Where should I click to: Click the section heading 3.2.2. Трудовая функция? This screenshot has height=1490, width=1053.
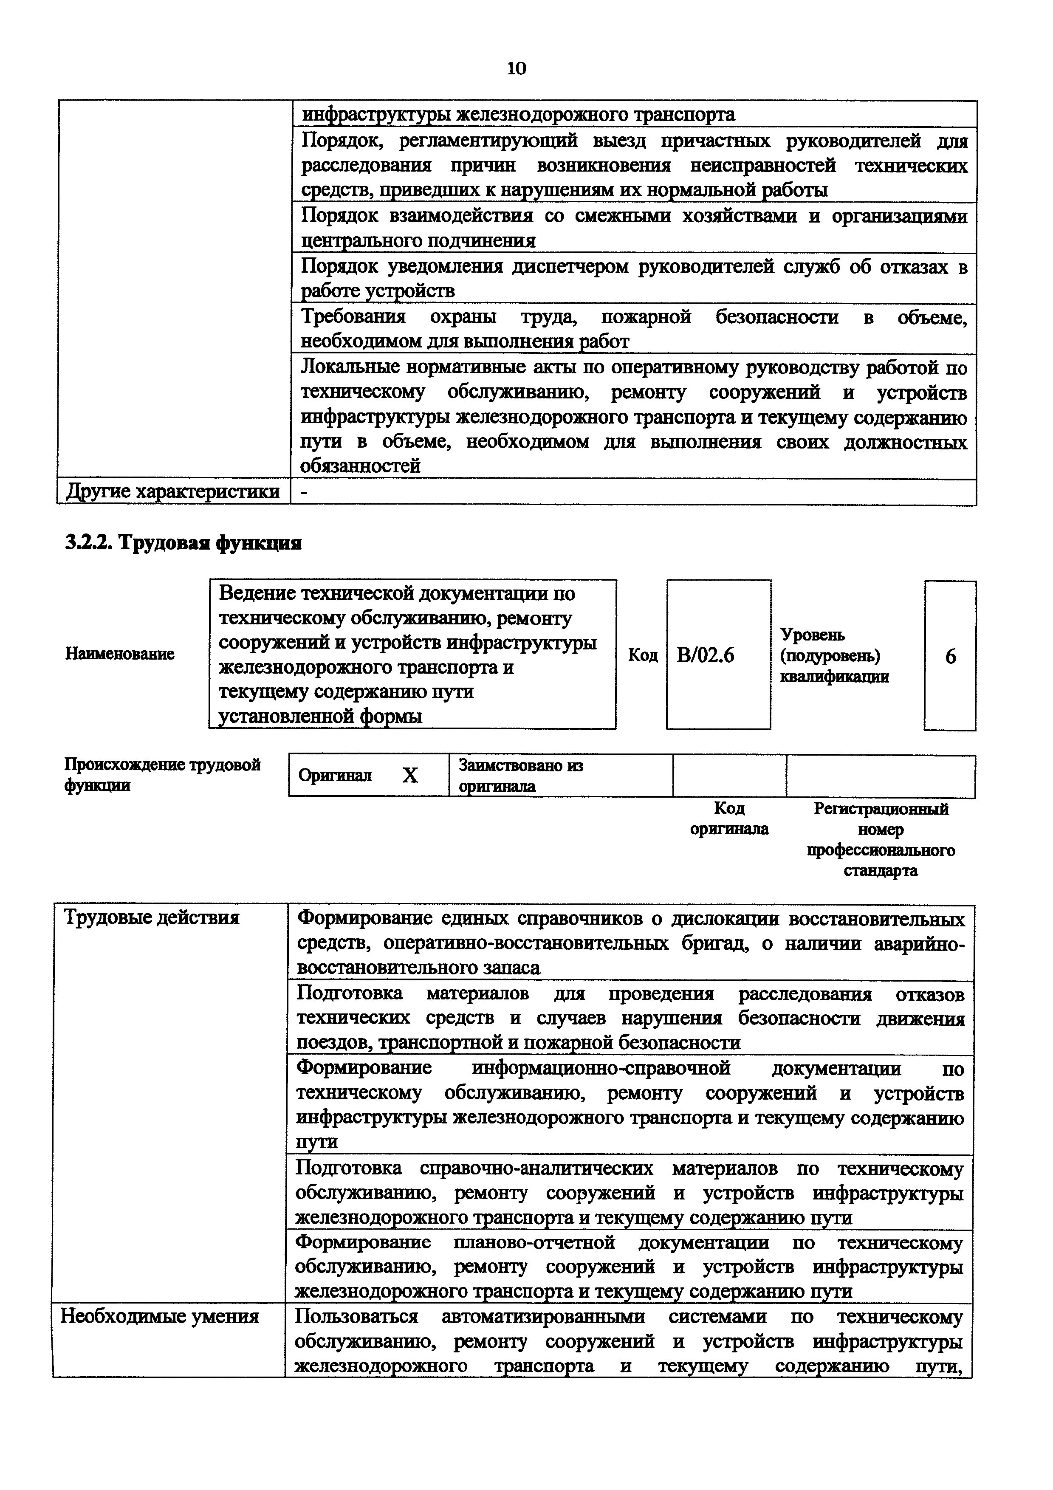pyautogui.click(x=183, y=542)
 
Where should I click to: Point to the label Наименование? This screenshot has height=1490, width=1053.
pyautogui.click(x=120, y=654)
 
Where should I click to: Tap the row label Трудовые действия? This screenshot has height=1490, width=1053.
pyautogui.click(x=151, y=917)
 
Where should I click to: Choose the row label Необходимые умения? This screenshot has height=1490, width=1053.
pyautogui.click(x=160, y=1317)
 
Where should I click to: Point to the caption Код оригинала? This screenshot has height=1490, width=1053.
pyautogui.click(x=729, y=818)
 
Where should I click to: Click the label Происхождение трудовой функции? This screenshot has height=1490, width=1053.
pyautogui.click(x=162, y=775)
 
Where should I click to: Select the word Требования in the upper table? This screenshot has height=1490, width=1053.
pyautogui.click(x=353, y=317)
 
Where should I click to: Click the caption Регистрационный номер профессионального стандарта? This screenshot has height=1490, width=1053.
pyautogui.click(x=881, y=839)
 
